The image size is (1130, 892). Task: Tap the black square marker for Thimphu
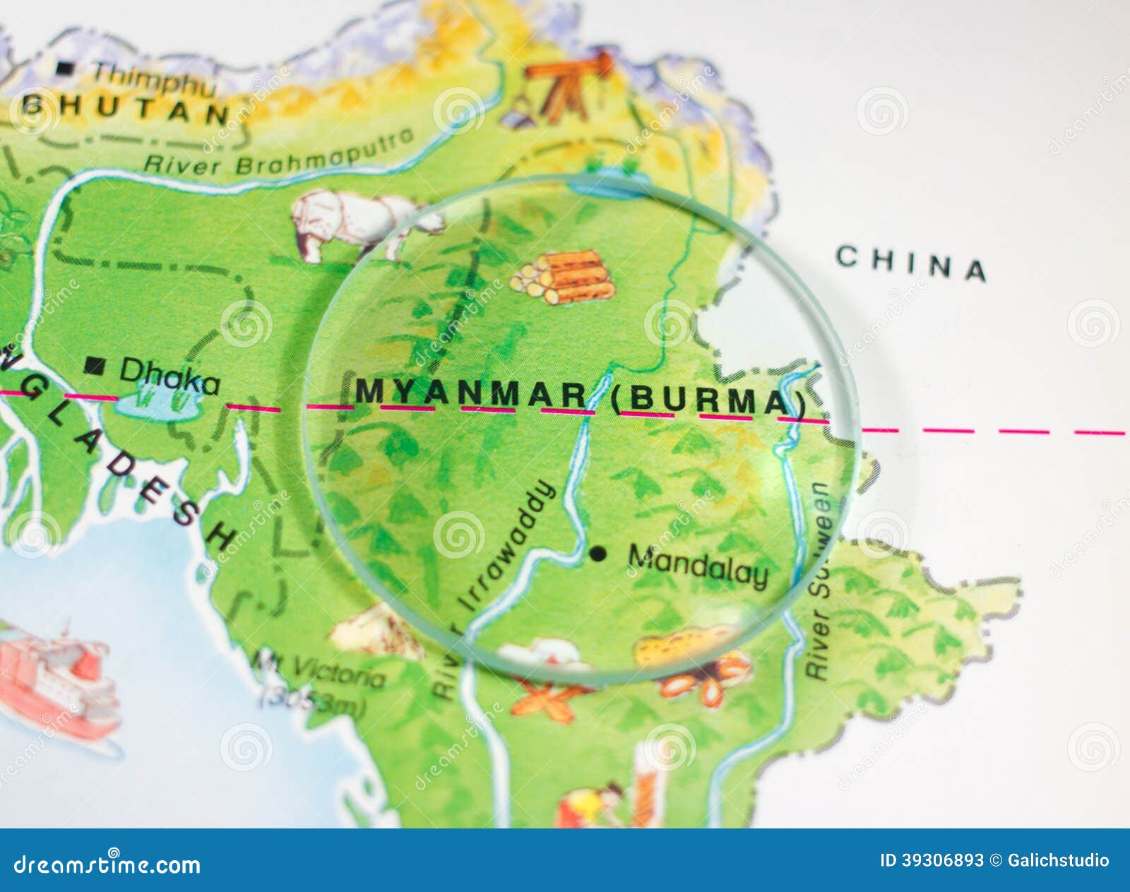(65, 69)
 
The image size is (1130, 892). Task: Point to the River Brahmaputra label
(279, 154)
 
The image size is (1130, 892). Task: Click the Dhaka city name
(169, 376)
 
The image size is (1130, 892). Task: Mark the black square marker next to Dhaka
(95, 366)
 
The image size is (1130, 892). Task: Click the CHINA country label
(911, 263)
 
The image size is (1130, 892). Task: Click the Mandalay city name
(698, 565)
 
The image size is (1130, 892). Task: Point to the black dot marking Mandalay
(597, 553)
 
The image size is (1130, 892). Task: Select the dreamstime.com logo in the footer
(107, 864)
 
